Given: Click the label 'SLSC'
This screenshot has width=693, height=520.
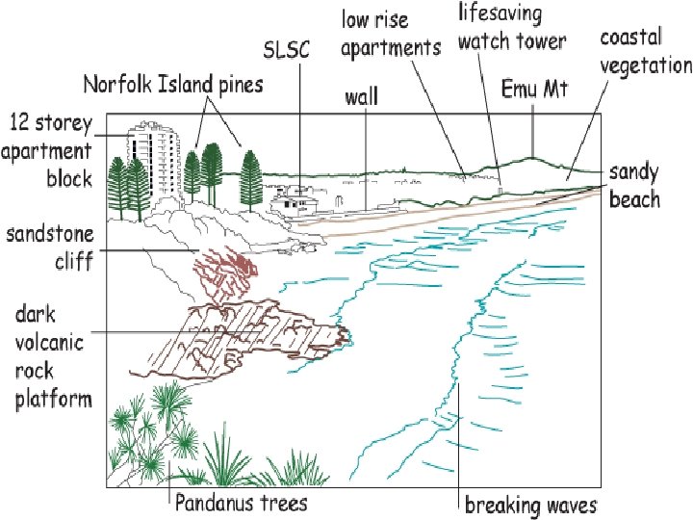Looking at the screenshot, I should [x=287, y=49].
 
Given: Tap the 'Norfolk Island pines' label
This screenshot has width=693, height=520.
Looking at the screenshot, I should [x=172, y=84].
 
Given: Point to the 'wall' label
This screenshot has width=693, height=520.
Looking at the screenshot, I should [x=361, y=96].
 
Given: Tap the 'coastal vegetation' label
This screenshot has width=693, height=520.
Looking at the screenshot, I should [x=645, y=52].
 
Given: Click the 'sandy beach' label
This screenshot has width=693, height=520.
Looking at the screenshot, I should [x=634, y=186].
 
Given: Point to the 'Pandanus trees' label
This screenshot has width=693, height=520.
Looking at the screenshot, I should [x=241, y=503].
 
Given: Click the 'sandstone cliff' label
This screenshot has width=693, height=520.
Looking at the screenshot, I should [x=50, y=247].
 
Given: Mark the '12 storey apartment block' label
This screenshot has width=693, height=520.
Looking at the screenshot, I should [x=50, y=150].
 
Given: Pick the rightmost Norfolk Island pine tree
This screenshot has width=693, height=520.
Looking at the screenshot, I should [x=252, y=178].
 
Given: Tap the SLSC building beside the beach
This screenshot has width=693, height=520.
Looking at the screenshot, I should [x=294, y=203].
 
